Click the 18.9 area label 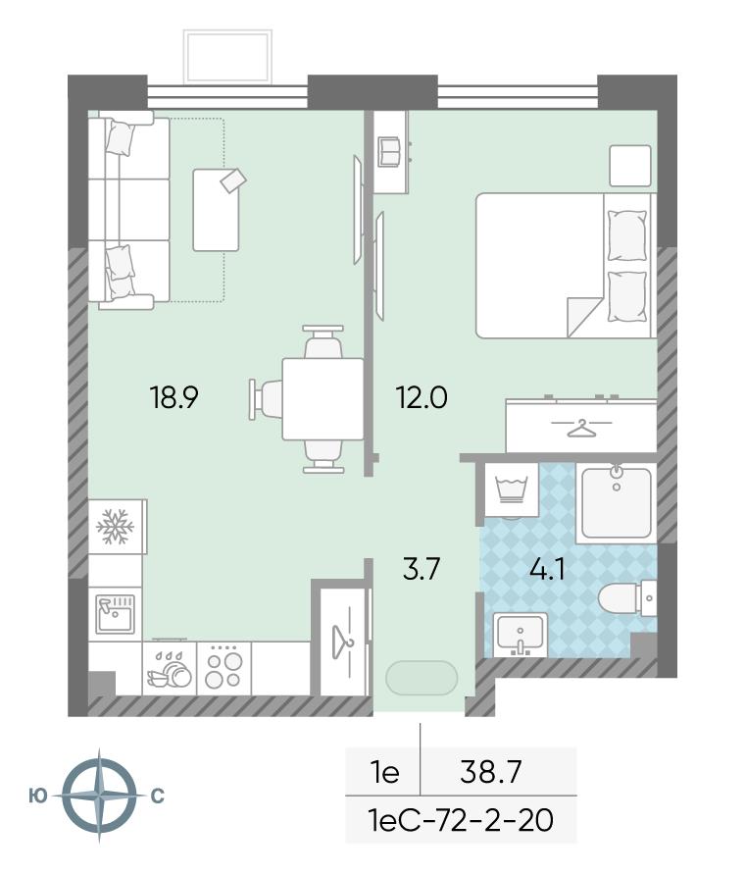(174, 397)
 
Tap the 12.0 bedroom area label (422, 397)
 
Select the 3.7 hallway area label (422, 569)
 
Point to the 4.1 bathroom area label (548, 570)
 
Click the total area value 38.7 (491, 772)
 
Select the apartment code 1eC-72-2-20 (461, 819)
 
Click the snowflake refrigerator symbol (116, 526)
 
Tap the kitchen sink (116, 614)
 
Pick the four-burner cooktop (223, 668)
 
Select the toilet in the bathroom (626, 598)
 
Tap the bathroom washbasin (520, 635)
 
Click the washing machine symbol (512, 489)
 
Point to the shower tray (617, 503)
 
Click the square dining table (323, 399)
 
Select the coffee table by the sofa (217, 210)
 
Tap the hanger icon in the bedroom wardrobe (581, 428)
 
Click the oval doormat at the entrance (422, 678)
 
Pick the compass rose (99, 796)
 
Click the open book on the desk (389, 151)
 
